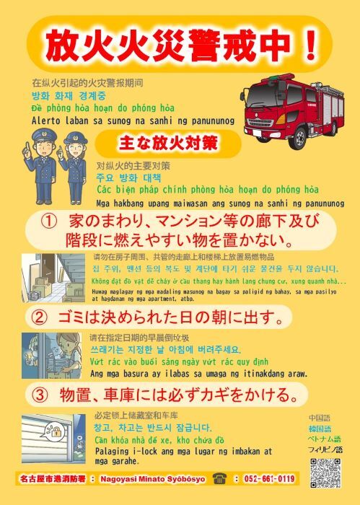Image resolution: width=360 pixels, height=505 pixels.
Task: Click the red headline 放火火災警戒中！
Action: point(180,45)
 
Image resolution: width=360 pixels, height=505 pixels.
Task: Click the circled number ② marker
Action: point(41,315)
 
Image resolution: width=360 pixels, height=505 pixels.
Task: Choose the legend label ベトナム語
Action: point(324,439)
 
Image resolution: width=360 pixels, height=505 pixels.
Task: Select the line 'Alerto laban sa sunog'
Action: point(132,120)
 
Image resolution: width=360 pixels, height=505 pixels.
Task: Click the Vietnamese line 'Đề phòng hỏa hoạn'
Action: point(102,108)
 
